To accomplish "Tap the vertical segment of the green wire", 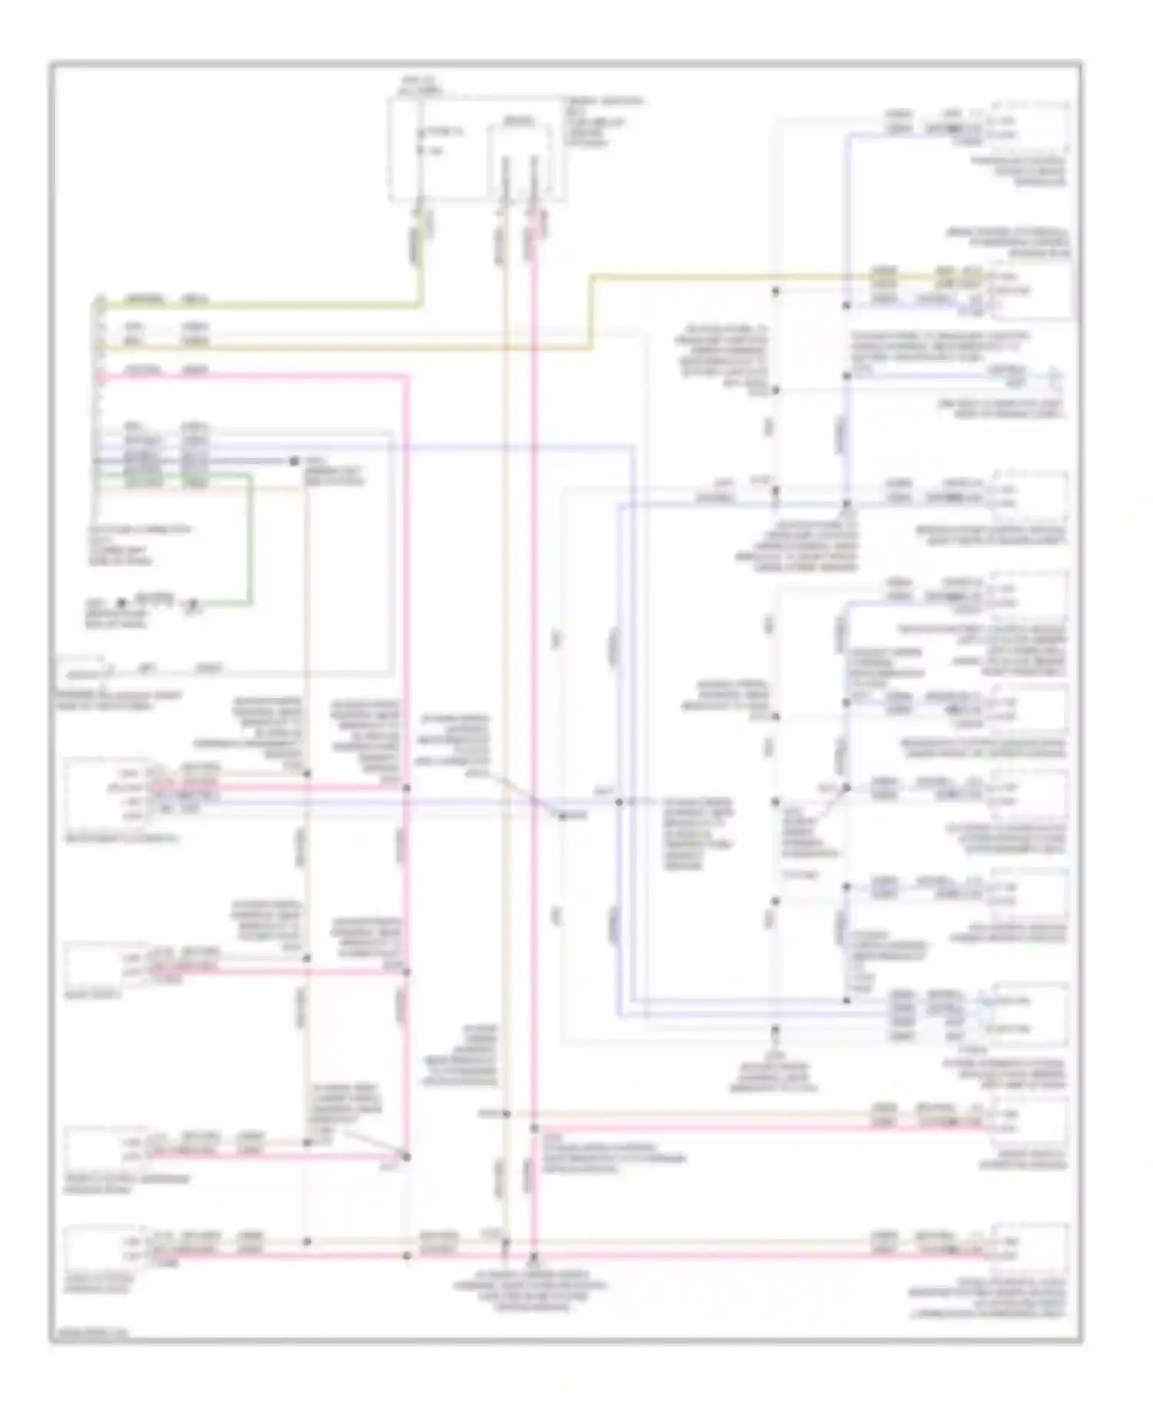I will click(x=249, y=538).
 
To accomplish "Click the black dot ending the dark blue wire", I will click(x=293, y=461).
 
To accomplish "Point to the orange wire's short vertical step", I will click(x=591, y=311).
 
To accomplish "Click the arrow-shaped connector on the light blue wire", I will click(x=1056, y=377).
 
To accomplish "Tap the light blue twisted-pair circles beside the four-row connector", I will click(x=985, y=1013).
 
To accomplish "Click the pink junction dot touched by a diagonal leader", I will click(x=407, y=1156).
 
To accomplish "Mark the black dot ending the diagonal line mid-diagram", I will click(x=562, y=815).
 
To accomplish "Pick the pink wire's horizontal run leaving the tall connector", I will click(x=254, y=377).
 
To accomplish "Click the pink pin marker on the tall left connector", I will click(x=99, y=377).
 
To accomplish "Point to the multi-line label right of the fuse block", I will click(x=603, y=121).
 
